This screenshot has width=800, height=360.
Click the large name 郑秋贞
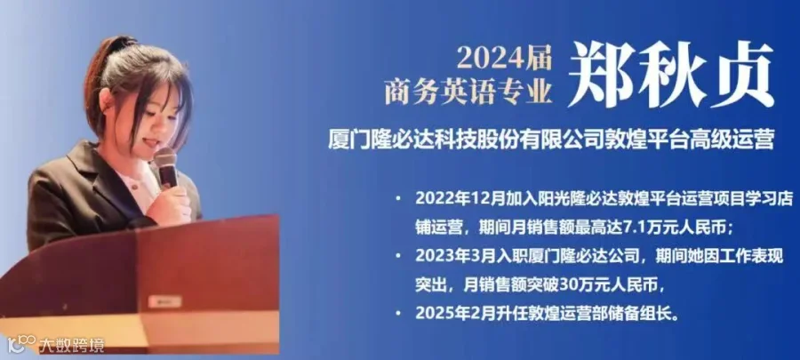click(x=670, y=75)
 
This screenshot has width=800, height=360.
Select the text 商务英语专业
click(x=468, y=92)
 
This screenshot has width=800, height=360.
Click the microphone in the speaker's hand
click(x=165, y=168)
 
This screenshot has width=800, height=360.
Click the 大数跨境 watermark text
click(x=71, y=345)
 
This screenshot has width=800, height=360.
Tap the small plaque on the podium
click(x=164, y=301)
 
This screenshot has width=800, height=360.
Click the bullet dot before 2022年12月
click(x=398, y=199)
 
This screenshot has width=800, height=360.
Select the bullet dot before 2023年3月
click(x=398, y=257)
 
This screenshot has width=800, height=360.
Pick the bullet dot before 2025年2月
click(x=398, y=313)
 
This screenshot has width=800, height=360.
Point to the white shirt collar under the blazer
click(x=138, y=186)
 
